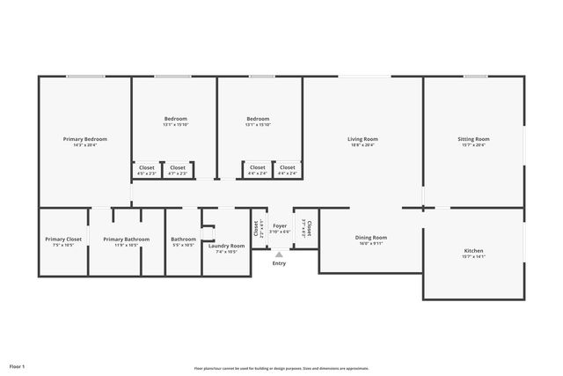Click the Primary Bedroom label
(85, 139)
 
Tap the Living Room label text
(362, 139)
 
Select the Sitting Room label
(473, 139)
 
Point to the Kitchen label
(473, 251)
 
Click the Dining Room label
(370, 237)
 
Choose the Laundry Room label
(226, 246)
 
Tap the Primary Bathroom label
(126, 239)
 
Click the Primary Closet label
(63, 239)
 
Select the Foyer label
(280, 225)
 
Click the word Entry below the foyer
(279, 263)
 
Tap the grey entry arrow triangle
(279, 254)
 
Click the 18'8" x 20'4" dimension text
(362, 145)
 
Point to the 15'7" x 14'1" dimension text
(473, 257)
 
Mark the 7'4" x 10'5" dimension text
(226, 252)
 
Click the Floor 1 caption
(18, 365)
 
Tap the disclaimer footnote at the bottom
(281, 368)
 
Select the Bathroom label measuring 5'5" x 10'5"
(183, 239)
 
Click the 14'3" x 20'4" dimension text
(85, 145)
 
